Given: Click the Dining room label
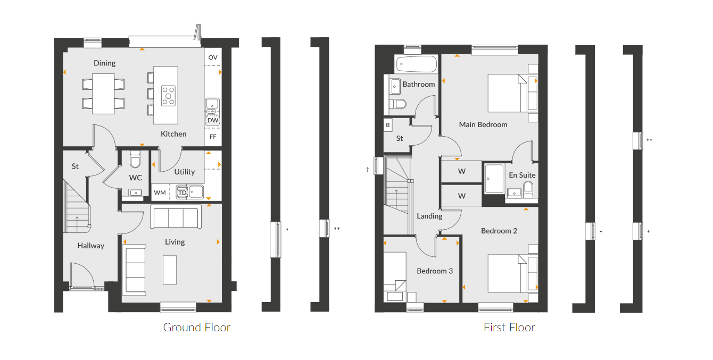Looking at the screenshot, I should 104,63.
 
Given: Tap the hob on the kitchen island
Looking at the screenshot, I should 169,96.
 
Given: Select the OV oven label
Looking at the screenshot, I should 213,57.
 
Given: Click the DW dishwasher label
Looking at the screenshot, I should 213,120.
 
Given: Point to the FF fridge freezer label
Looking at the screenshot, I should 213,137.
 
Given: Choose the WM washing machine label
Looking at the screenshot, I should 160,192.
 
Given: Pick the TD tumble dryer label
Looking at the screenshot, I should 183,192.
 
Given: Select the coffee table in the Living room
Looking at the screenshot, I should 170,270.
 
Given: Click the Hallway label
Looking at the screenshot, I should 90,246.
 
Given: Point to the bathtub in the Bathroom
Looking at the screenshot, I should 417,65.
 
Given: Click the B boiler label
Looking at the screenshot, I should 388,125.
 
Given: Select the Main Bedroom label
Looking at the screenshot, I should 483,124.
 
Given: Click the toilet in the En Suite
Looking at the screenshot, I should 528,189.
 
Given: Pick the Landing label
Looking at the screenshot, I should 429,216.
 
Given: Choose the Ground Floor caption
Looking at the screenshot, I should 197,327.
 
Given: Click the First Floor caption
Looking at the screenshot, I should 509,327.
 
